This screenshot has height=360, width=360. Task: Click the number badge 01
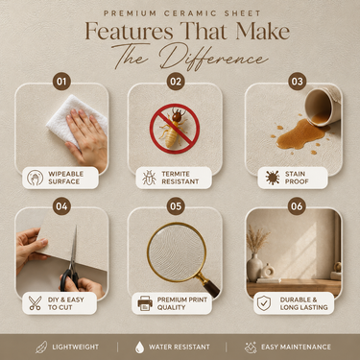(x=61, y=82)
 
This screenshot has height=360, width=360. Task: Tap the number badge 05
(x=176, y=206)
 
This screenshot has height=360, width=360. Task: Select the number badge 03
(x=297, y=82)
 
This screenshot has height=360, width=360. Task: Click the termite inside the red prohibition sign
(x=173, y=128)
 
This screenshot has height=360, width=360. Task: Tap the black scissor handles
(x=69, y=279)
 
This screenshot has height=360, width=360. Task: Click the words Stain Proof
(x=297, y=178)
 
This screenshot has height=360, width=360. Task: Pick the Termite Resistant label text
(x=180, y=178)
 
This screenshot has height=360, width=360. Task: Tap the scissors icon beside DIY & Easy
(x=35, y=303)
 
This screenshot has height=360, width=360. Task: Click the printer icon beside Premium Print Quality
(x=145, y=303)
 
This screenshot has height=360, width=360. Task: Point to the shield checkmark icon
(x=264, y=303)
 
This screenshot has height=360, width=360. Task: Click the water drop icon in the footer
(x=139, y=348)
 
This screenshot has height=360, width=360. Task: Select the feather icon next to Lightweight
(x=41, y=348)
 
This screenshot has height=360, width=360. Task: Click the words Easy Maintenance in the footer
(x=296, y=347)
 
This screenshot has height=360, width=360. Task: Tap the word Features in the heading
(x=129, y=32)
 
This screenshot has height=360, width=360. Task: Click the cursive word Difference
(x=213, y=58)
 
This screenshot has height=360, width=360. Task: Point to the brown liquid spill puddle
(x=300, y=133)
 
